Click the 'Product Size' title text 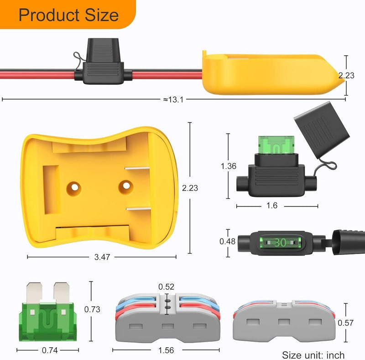click(x=68, y=15)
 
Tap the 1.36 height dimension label click(x=228, y=166)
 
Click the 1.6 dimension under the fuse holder click(x=272, y=206)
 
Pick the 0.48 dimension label click(x=228, y=242)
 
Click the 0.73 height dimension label click(x=92, y=309)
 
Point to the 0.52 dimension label click(x=166, y=287)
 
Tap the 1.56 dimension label click(x=167, y=351)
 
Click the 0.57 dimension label click(x=345, y=323)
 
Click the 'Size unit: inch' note click(x=313, y=355)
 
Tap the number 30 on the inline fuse click(x=280, y=243)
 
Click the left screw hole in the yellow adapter click(x=74, y=187)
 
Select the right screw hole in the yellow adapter click(x=126, y=186)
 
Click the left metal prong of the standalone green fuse click(x=34, y=292)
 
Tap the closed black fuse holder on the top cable click(x=103, y=64)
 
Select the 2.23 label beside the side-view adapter click(x=346, y=76)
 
